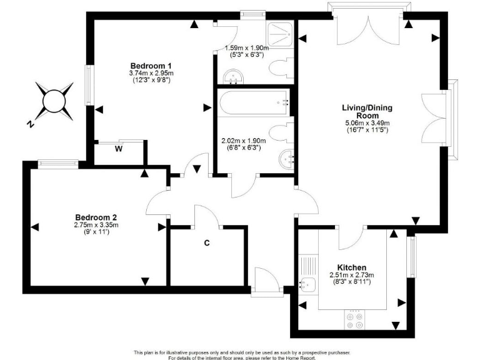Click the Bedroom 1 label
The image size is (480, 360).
[151, 66]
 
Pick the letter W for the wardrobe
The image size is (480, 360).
[118, 148]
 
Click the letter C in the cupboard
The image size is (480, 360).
[206, 243]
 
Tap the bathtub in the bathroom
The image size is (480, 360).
[253, 101]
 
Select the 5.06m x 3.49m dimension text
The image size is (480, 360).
[367, 123]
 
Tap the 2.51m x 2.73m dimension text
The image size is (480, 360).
[351, 275]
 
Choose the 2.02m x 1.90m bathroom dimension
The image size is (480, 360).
[240, 141]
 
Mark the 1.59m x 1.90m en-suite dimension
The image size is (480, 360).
[246, 47]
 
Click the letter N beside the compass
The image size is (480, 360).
[29, 123]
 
